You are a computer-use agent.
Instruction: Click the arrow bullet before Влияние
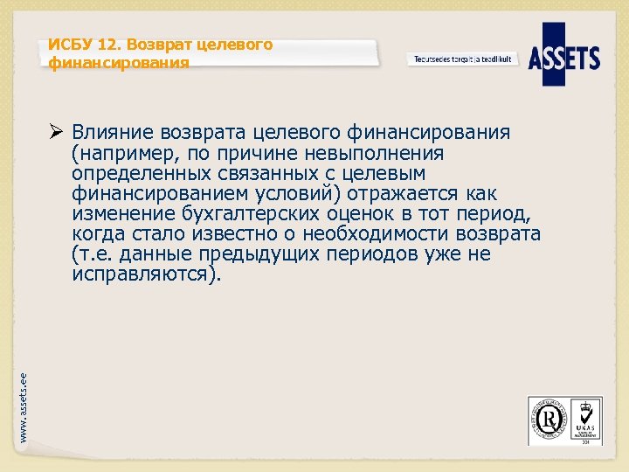(x=56, y=132)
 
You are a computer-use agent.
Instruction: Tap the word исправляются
(x=142, y=274)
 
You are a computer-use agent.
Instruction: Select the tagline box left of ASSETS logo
(x=462, y=59)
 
